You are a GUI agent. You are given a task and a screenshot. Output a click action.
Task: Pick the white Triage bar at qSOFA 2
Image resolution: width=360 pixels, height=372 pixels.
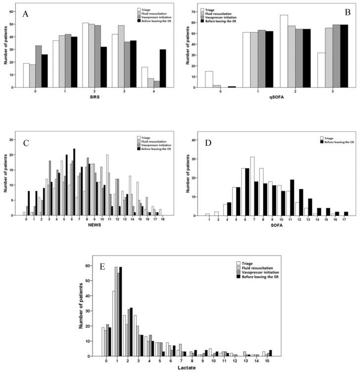(x=284, y=51)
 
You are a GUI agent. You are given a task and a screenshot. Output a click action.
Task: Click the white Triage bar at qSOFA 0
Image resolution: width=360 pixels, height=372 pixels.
(x=208, y=79)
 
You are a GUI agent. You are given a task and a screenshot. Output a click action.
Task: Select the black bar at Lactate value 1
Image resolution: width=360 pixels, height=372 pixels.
(x=120, y=311)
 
